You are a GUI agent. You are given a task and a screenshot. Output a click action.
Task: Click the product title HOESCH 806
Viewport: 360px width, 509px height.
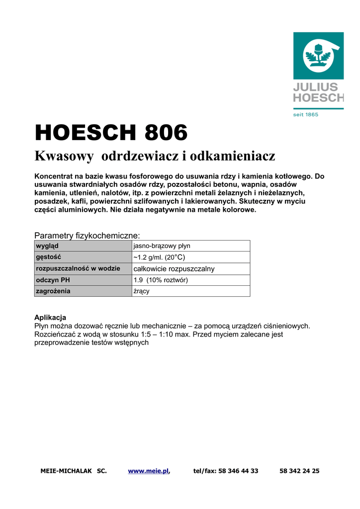(x=111, y=133)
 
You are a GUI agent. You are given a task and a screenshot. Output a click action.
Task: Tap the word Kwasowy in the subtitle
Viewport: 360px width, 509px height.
(x=64, y=157)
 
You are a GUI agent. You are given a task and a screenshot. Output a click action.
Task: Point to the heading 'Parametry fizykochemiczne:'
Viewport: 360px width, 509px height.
(x=87, y=235)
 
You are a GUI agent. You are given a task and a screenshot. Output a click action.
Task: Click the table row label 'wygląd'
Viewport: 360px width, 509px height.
(x=47, y=246)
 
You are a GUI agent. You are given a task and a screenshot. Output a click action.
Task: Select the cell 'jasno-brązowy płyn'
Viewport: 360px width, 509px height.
(x=162, y=246)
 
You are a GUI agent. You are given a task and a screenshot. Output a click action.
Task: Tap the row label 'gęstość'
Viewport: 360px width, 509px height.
(x=48, y=257)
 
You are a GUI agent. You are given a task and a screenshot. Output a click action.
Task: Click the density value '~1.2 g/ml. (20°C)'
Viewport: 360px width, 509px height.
(x=159, y=257)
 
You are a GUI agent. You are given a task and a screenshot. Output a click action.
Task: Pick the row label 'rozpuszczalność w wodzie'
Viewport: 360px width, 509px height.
(x=78, y=269)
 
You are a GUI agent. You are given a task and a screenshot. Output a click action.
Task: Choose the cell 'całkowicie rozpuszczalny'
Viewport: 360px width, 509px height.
(x=174, y=269)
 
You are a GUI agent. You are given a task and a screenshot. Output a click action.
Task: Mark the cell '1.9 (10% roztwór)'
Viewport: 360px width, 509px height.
(x=160, y=280)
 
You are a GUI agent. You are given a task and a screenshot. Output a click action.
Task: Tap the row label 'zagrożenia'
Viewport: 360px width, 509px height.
(x=53, y=291)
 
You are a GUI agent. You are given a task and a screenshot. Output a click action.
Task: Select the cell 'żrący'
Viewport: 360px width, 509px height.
(x=141, y=291)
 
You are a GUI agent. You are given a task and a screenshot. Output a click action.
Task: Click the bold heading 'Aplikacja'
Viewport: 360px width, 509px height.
(x=50, y=318)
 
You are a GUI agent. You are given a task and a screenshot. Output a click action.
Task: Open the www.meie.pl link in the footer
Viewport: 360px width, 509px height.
(x=148, y=471)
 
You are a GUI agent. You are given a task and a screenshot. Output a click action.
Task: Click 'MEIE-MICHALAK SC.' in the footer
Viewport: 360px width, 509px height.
(x=74, y=471)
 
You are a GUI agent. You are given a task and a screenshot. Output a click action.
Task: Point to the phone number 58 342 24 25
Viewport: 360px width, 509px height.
(x=299, y=471)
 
